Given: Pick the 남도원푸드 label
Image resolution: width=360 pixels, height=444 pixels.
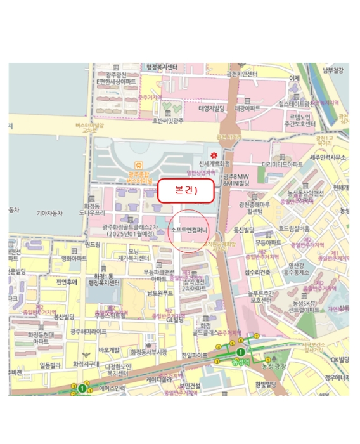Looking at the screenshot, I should point(160,292).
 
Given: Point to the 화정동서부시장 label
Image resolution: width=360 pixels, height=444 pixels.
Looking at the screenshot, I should point(149,351).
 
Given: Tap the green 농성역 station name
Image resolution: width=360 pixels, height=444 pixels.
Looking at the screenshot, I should point(241,362).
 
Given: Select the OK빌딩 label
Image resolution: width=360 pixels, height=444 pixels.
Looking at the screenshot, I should point(334,360).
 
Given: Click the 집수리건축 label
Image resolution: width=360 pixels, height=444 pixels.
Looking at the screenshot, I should point(257,272).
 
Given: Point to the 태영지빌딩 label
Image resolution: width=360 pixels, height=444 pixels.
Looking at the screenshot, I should point(212,108).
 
